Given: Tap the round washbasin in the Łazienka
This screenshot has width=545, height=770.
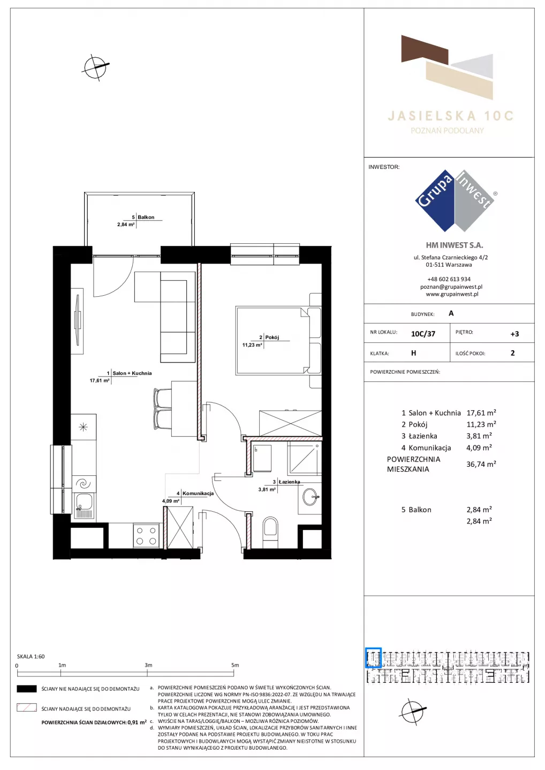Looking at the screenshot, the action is pos(311,497).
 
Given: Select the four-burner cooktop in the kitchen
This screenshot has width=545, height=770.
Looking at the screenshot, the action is pos(146,536).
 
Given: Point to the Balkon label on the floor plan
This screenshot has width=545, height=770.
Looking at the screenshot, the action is pos(146,217).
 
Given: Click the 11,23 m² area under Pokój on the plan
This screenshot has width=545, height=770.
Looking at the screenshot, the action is pos(252,345).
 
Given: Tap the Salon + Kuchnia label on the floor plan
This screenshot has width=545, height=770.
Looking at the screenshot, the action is pos(132,373).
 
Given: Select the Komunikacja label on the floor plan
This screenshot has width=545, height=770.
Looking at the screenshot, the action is pos(198,493).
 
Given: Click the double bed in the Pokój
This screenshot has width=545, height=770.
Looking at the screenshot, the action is pos(278,340).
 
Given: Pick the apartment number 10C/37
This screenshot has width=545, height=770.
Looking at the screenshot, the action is pos(423,334).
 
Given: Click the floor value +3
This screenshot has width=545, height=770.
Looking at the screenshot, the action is pos(514,334).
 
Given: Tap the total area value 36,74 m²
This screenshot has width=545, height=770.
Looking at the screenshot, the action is pos(481,464).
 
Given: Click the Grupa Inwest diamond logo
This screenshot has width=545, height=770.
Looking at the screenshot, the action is pos(455,201).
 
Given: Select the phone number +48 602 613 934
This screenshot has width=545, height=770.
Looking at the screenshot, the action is pos(449,279).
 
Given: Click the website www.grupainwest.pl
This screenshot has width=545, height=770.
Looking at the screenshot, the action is pos(452,294).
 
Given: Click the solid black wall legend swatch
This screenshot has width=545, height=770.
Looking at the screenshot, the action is pos(26,689).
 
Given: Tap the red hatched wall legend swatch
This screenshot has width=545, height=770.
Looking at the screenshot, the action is pos(26,708).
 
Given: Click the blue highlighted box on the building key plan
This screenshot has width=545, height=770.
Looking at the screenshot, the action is pos(373,658).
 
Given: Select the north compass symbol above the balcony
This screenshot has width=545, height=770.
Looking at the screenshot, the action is pos(96,67).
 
